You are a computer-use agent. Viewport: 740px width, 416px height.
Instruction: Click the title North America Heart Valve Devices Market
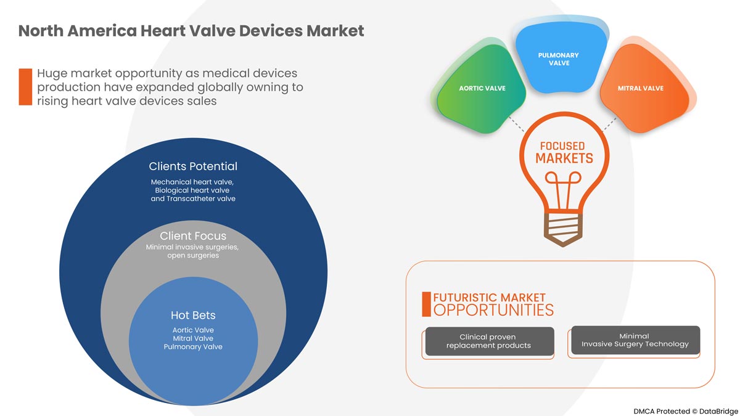pos(191,30)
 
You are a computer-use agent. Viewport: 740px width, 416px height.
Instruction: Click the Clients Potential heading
pos(193,166)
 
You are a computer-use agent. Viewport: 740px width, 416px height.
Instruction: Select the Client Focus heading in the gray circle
pos(193,236)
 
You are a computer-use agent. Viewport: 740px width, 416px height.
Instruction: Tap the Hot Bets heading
pos(193,316)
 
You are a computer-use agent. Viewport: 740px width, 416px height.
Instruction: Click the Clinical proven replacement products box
pos(488,341)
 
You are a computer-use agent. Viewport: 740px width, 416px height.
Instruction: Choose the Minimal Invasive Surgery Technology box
pos(635,340)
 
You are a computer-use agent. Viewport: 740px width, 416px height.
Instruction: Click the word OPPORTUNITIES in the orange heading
pos(493,309)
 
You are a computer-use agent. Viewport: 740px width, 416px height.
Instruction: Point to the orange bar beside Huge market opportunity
pos(25,87)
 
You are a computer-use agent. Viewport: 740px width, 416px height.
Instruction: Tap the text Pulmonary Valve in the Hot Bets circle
pos(193,347)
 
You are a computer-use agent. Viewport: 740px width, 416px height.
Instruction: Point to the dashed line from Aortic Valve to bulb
pos(516,123)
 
